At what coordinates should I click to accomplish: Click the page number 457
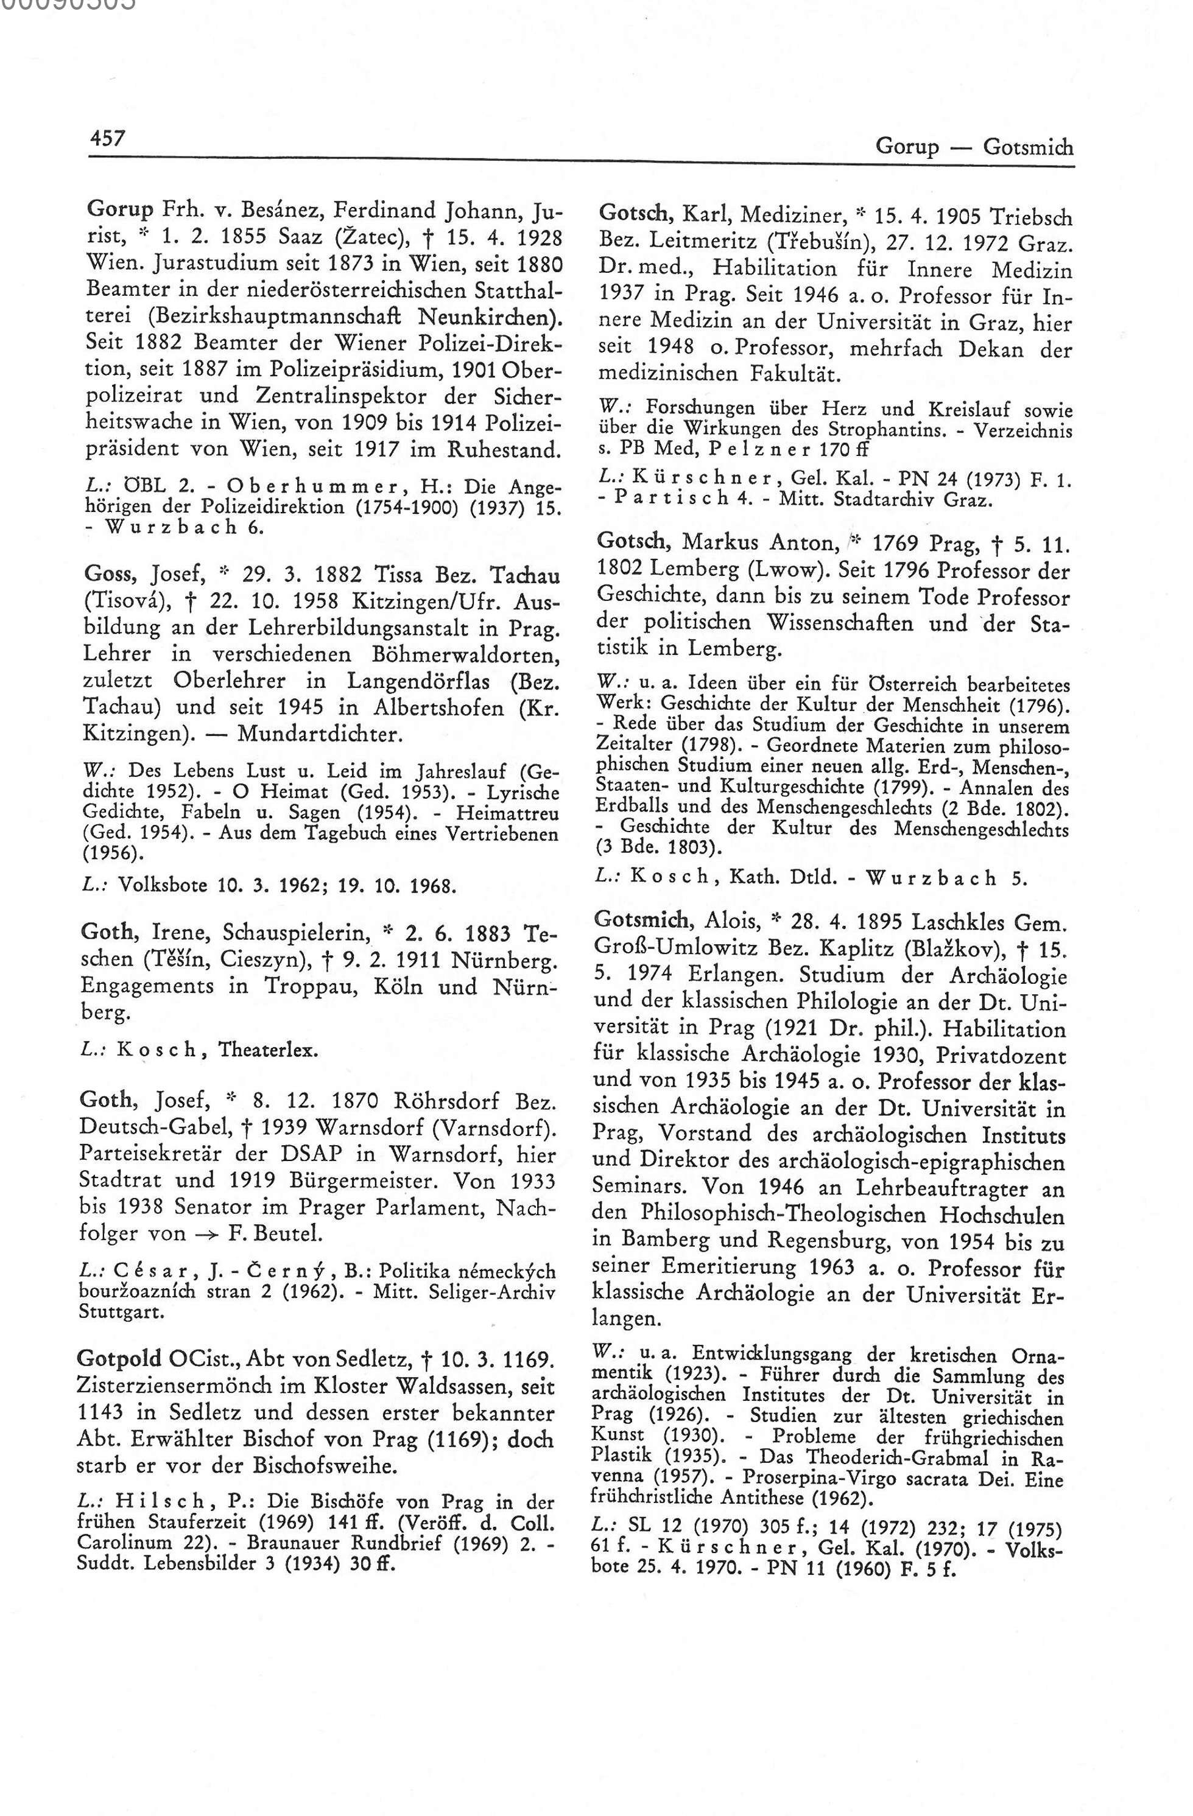tap(107, 138)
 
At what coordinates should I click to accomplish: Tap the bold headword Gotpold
tap(119, 1359)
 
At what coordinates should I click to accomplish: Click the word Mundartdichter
tap(320, 735)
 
